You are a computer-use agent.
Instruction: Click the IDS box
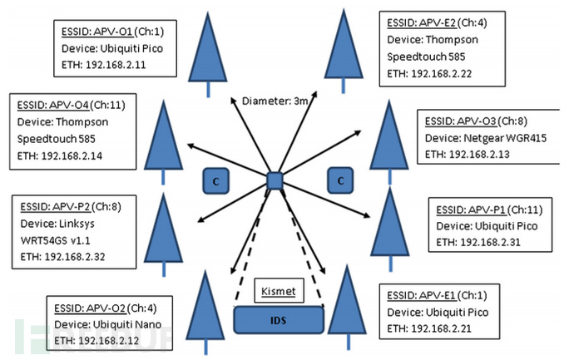(x=279, y=320)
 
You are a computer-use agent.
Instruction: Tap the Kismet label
(x=279, y=291)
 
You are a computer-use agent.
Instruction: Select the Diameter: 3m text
(x=275, y=101)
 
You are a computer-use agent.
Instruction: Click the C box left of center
(x=216, y=180)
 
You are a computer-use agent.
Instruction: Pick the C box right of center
(x=340, y=180)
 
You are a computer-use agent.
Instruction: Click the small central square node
(x=275, y=180)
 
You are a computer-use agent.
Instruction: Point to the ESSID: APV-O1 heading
(x=97, y=32)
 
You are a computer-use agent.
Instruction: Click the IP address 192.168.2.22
(x=441, y=73)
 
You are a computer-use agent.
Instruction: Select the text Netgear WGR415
(x=505, y=138)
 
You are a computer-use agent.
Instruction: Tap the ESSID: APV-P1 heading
(x=471, y=210)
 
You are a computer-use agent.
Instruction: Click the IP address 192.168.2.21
(x=441, y=328)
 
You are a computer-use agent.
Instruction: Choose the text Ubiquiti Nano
(x=127, y=324)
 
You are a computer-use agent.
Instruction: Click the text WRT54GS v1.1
(x=55, y=240)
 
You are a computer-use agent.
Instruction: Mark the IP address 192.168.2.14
(x=72, y=155)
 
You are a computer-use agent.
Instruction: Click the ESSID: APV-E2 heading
(x=422, y=22)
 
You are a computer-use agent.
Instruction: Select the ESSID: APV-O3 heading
(x=461, y=121)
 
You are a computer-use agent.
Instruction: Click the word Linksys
(x=77, y=224)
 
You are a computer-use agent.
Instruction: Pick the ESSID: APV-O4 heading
(x=53, y=105)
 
